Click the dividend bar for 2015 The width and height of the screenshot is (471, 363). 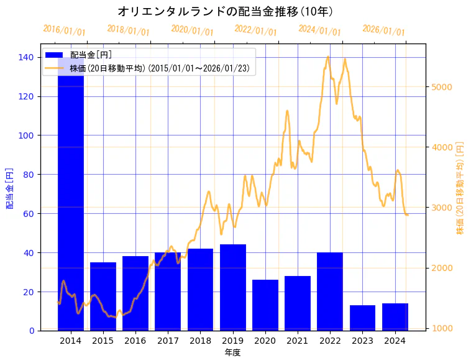coord(103,296)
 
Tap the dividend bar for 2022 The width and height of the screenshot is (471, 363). coord(330,292)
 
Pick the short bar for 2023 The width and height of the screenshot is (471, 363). coord(362,318)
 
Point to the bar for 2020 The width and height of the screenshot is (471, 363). coord(265,305)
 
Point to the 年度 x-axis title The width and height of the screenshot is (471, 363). coord(232,352)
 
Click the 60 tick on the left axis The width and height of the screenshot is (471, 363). coord(29,214)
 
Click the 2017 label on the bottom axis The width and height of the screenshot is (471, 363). coord(168,341)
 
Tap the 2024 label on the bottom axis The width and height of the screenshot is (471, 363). coord(395,341)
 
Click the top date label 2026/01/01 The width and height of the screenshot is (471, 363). coord(383,30)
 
